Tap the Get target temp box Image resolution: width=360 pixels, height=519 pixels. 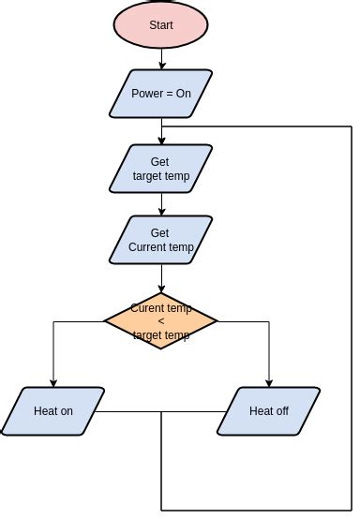161,169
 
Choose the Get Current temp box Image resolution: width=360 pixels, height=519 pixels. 161,240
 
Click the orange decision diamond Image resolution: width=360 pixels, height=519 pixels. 161,320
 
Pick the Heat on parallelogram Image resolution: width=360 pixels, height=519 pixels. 52,411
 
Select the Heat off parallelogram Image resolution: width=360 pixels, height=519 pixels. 269,411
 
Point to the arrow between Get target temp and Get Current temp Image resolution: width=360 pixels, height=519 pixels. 161,204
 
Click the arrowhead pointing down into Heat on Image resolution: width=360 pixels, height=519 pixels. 53,382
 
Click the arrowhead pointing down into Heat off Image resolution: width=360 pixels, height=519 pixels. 270,382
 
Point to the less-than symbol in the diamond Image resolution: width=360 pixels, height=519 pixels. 161,321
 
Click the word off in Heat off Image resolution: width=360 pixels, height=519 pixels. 280,411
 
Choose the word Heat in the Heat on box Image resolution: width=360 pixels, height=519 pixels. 45,411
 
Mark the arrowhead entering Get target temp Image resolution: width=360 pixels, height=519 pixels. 161,141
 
